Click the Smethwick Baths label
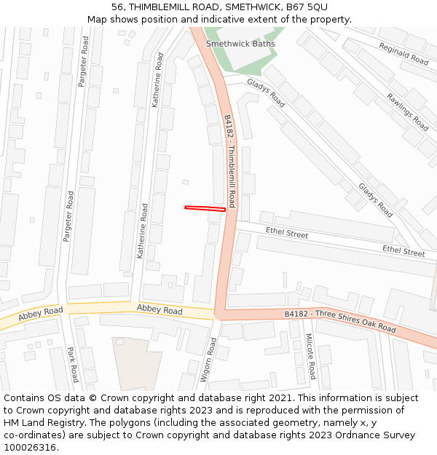[x=240, y=44]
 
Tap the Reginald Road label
[x=403, y=54]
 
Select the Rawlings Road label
[x=407, y=111]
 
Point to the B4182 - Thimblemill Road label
[x=229, y=161]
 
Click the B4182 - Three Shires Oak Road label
[x=340, y=322]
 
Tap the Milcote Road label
[x=310, y=356]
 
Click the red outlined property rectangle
[x=205, y=209]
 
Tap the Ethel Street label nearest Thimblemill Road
[x=286, y=234]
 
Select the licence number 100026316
[x=31, y=448]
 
